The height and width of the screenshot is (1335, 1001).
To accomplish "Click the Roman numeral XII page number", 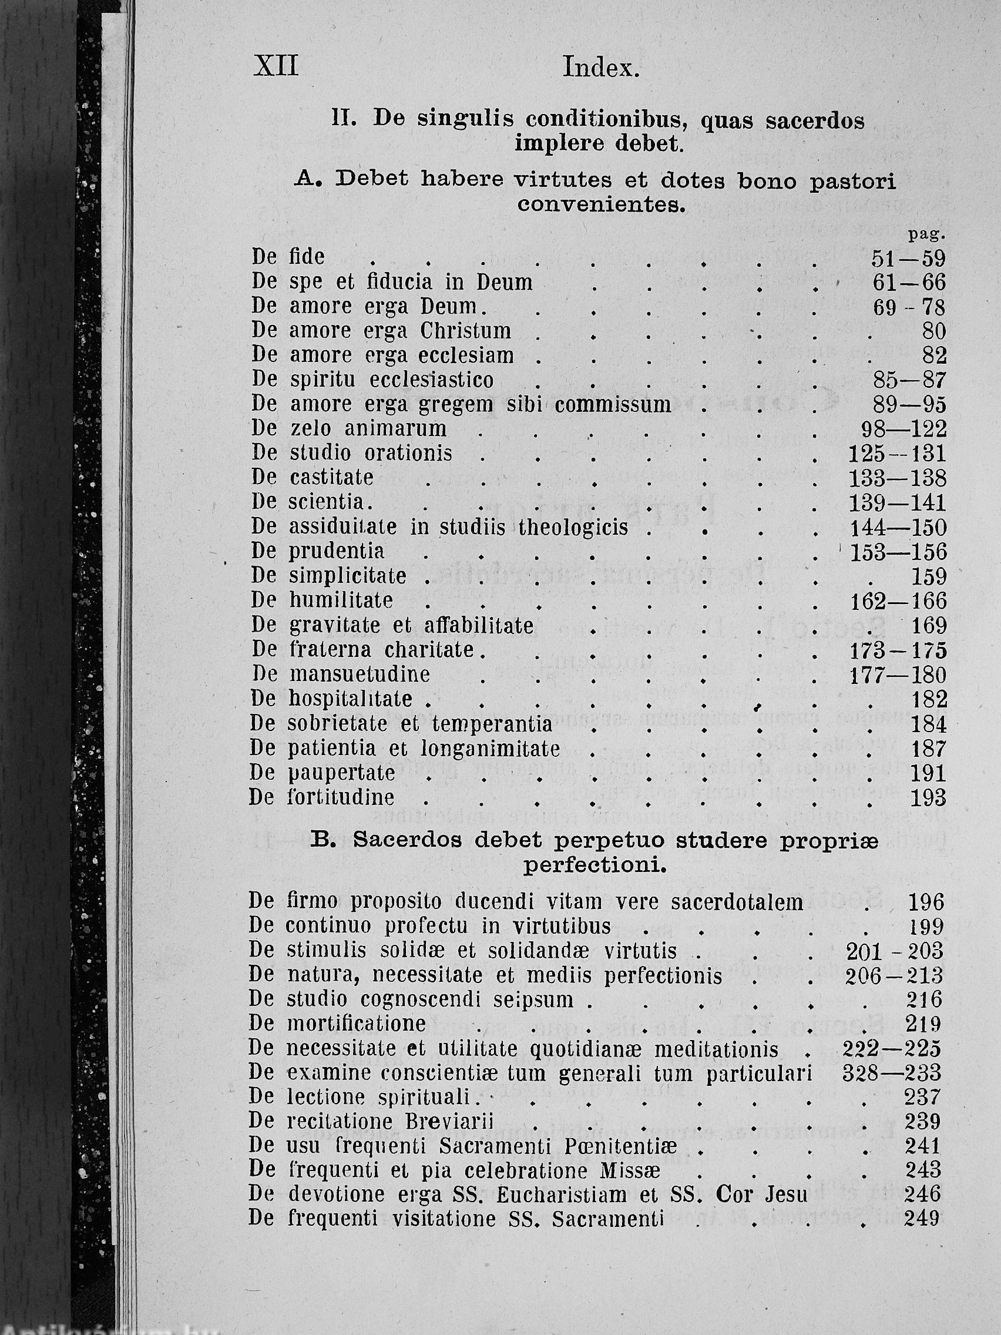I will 276,66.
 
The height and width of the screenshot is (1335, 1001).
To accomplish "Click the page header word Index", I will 600,68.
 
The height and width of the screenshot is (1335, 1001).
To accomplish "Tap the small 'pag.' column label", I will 926,234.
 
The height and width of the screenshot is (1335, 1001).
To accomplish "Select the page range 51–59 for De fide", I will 909,259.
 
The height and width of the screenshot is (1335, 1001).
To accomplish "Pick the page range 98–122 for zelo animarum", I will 903,429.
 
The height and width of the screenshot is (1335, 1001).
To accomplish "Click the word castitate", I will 332,478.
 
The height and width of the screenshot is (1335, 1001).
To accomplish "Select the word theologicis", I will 574,528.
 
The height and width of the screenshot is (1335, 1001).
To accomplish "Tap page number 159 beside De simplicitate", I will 929,577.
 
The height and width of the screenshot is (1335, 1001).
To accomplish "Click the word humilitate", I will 341,601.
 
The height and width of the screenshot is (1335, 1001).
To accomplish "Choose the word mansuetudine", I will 360,674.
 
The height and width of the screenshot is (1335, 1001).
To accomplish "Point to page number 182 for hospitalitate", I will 929,699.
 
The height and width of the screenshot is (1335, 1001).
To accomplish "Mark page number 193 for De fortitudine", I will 928,799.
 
